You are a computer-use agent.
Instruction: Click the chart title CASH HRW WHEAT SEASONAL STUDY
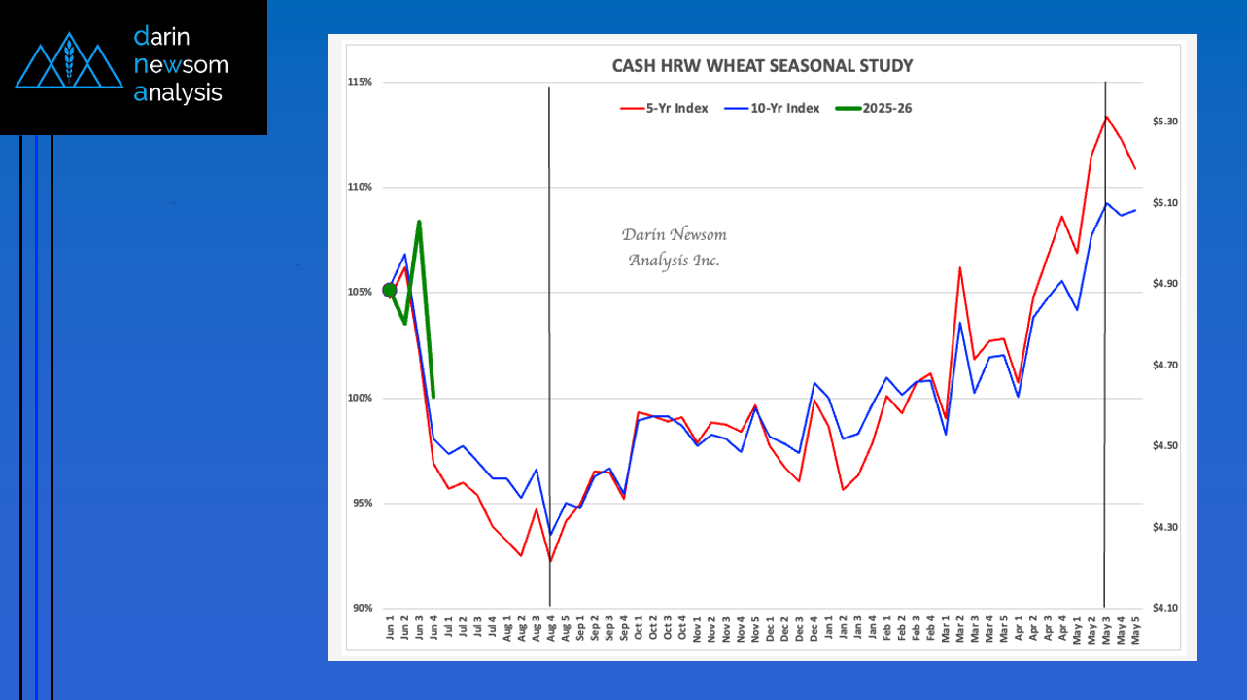tap(761, 66)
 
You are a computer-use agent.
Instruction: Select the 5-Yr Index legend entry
tap(664, 108)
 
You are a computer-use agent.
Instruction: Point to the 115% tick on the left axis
tap(360, 82)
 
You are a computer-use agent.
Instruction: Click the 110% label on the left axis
tap(360, 187)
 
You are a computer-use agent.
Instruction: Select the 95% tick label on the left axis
tap(362, 503)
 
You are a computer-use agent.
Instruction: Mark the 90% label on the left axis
tap(362, 609)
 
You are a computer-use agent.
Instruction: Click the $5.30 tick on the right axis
tap(1164, 122)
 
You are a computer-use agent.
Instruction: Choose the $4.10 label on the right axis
tap(1164, 609)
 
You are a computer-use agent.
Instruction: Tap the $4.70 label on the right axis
tap(1164, 365)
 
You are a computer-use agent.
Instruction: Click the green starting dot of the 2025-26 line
tap(390, 290)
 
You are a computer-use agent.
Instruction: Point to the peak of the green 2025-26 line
tap(419, 223)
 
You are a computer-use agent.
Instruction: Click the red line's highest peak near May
tap(1106, 117)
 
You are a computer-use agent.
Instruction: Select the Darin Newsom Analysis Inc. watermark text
tap(674, 248)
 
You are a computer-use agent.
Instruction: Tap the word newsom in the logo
tap(181, 65)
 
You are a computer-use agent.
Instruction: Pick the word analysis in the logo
tap(179, 93)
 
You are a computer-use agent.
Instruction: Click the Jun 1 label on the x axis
tap(391, 630)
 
